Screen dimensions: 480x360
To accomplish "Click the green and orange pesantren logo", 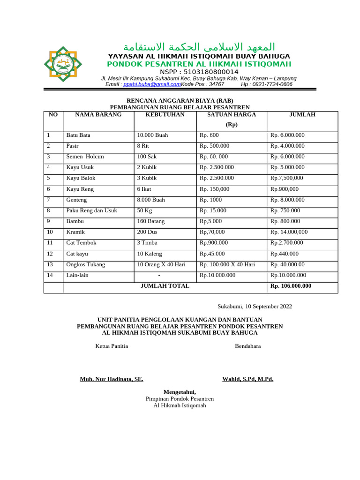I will [x=63, y=64].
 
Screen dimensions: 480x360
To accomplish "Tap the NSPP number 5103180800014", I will [x=199, y=72].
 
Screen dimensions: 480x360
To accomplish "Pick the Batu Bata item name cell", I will [x=78, y=135].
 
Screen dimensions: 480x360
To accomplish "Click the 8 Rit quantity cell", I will [x=143, y=146].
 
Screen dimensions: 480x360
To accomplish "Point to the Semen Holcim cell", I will [x=85, y=157].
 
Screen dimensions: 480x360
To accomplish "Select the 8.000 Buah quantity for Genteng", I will [x=151, y=200].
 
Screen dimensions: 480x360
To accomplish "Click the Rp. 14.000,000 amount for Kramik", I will [x=289, y=232].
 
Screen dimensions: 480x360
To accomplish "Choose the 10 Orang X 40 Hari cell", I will [x=161, y=264].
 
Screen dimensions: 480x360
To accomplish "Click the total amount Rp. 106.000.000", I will [x=291, y=286].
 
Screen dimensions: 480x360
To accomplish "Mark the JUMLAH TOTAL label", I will [x=165, y=286].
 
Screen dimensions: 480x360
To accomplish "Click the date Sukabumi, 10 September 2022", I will [x=255, y=307].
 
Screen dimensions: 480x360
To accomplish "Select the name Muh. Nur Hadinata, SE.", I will [x=112, y=379].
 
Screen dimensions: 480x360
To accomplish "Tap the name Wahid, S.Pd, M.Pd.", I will [x=247, y=379].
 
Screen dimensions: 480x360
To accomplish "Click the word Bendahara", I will [x=247, y=346].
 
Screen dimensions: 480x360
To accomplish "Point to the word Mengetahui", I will [x=180, y=392].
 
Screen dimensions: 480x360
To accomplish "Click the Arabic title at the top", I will [x=199, y=47].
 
